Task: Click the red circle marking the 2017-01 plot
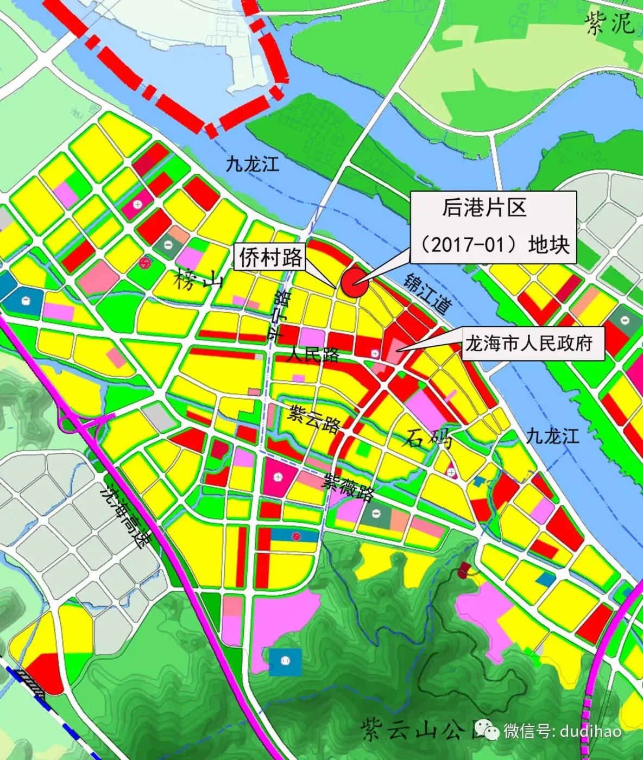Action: [355, 283]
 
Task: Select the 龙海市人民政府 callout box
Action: [528, 344]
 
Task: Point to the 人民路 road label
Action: [313, 355]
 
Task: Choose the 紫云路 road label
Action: [314, 416]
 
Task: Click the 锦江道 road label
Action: [427, 293]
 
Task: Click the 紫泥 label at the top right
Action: [609, 23]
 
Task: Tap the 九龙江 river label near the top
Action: [253, 163]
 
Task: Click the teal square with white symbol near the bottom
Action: [285, 661]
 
